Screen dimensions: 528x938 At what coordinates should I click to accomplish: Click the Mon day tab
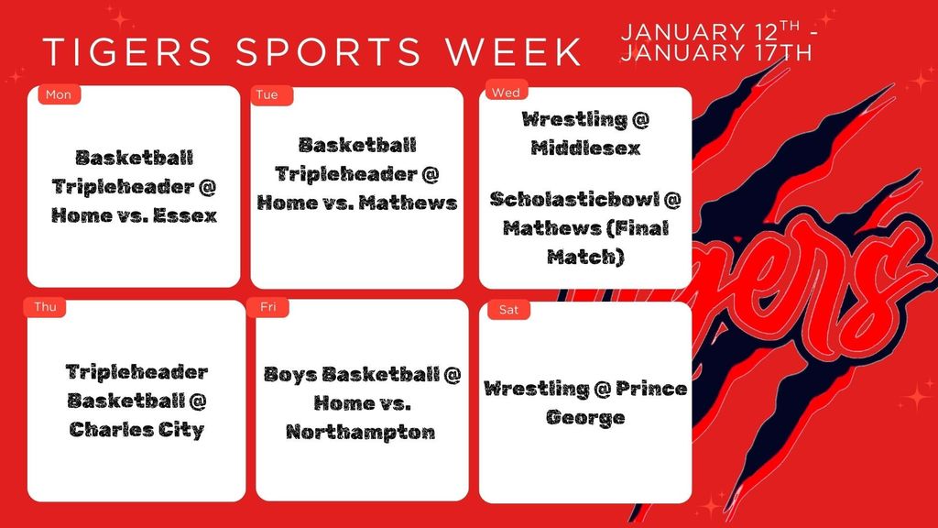(58, 95)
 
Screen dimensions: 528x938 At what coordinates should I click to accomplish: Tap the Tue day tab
(267, 95)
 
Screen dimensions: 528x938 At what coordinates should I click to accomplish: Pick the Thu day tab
(45, 307)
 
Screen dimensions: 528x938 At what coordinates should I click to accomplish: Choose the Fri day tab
(268, 307)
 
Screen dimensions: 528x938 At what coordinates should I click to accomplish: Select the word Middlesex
(584, 148)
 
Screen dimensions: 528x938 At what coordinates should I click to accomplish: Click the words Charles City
(136, 430)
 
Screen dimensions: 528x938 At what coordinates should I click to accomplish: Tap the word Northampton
(360, 432)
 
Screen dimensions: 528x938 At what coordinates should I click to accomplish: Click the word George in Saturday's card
(585, 418)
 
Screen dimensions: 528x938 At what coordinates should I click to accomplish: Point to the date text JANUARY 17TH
(716, 53)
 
